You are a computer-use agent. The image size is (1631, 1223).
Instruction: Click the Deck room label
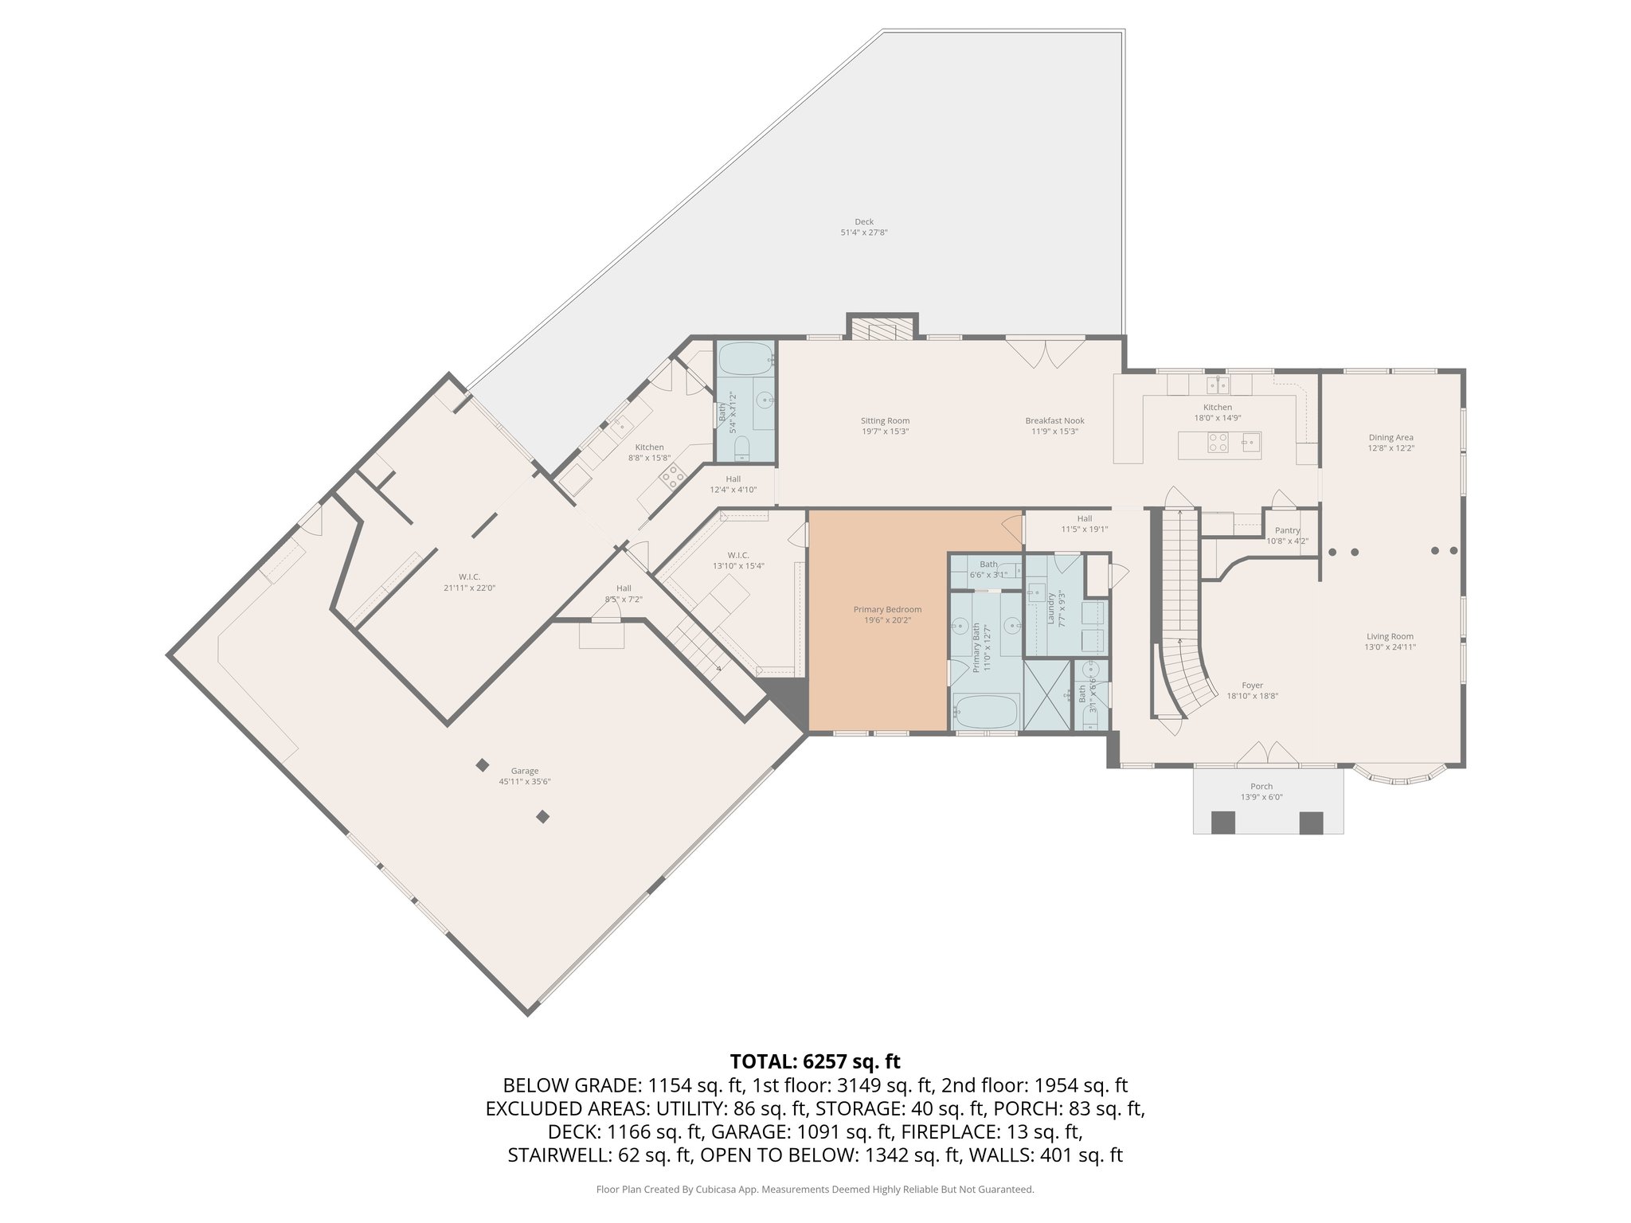tap(864, 222)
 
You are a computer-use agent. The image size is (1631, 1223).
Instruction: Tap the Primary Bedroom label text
tap(886, 609)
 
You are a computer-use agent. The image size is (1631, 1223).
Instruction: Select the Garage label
tap(525, 771)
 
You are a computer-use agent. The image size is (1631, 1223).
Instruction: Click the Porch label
tap(1261, 787)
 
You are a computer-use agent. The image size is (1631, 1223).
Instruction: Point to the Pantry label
tap(1287, 530)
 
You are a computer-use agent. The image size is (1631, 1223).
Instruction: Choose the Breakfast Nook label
tap(1054, 421)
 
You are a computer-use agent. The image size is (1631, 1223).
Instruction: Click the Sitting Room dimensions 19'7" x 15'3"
tap(885, 432)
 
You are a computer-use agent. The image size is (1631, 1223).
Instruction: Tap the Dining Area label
tap(1391, 437)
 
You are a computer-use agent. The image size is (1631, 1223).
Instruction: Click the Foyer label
tap(1252, 686)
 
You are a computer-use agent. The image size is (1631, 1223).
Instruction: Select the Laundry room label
tap(1051, 609)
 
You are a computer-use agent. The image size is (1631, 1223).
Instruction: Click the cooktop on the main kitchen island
tap(1218, 442)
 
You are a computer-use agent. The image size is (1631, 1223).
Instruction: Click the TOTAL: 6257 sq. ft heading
tap(815, 1061)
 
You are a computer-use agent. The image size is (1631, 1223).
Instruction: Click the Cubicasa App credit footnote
tap(815, 1190)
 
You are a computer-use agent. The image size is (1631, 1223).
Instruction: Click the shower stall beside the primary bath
tap(1047, 695)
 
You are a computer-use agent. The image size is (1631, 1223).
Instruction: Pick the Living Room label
tap(1390, 636)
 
